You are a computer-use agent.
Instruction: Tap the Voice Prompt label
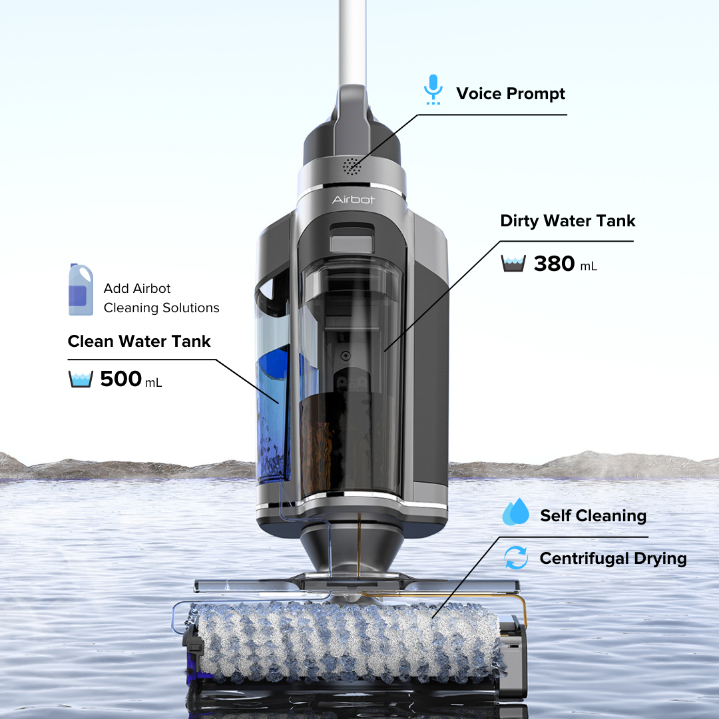click(510, 94)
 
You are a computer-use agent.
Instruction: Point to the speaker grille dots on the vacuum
click(352, 166)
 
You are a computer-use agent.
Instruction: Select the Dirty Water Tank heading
click(568, 221)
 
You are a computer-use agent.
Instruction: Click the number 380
click(554, 264)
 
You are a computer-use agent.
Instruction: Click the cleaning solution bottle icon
click(81, 290)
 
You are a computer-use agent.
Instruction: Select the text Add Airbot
click(137, 288)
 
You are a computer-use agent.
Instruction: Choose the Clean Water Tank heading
click(139, 342)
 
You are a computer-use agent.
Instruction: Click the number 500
click(120, 379)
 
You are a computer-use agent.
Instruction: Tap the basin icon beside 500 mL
click(81, 379)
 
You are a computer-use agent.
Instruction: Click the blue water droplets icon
click(515, 513)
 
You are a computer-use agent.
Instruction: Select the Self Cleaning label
click(593, 516)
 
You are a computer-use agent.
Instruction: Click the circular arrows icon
click(516, 558)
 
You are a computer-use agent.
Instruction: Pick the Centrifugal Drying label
click(612, 559)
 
